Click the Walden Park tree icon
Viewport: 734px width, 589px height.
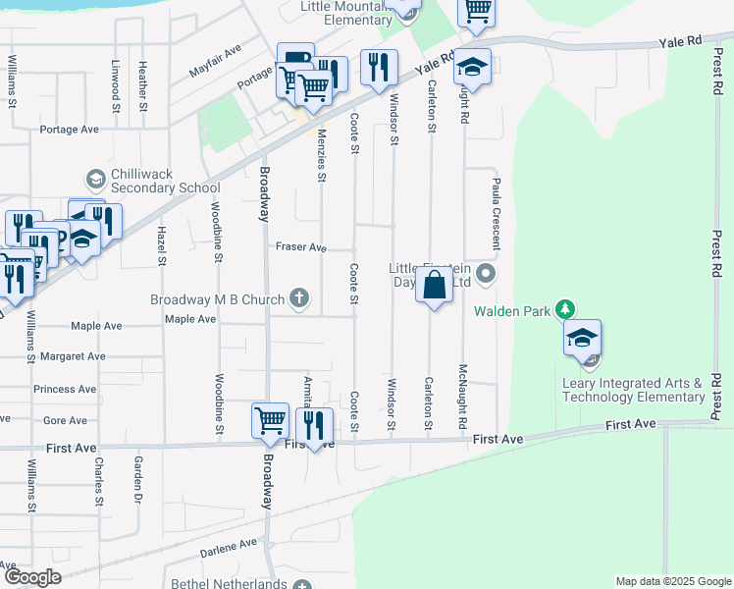[x=565, y=310]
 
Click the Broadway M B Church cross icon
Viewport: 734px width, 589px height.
[x=300, y=298]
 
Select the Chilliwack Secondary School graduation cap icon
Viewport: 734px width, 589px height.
[x=96, y=179]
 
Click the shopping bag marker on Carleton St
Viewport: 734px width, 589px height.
[x=434, y=286]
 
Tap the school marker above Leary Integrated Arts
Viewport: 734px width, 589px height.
[x=582, y=339]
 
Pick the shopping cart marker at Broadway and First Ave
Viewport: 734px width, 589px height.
[x=270, y=420]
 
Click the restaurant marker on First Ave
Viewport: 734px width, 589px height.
[x=314, y=425]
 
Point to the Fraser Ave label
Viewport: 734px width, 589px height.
[x=300, y=248]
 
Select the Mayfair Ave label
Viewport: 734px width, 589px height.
[x=215, y=61]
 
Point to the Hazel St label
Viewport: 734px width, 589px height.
[x=161, y=245]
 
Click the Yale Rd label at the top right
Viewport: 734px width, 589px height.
[x=681, y=42]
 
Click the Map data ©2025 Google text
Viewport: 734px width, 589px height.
[x=672, y=581]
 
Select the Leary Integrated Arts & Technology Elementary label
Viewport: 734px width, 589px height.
[x=633, y=390]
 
